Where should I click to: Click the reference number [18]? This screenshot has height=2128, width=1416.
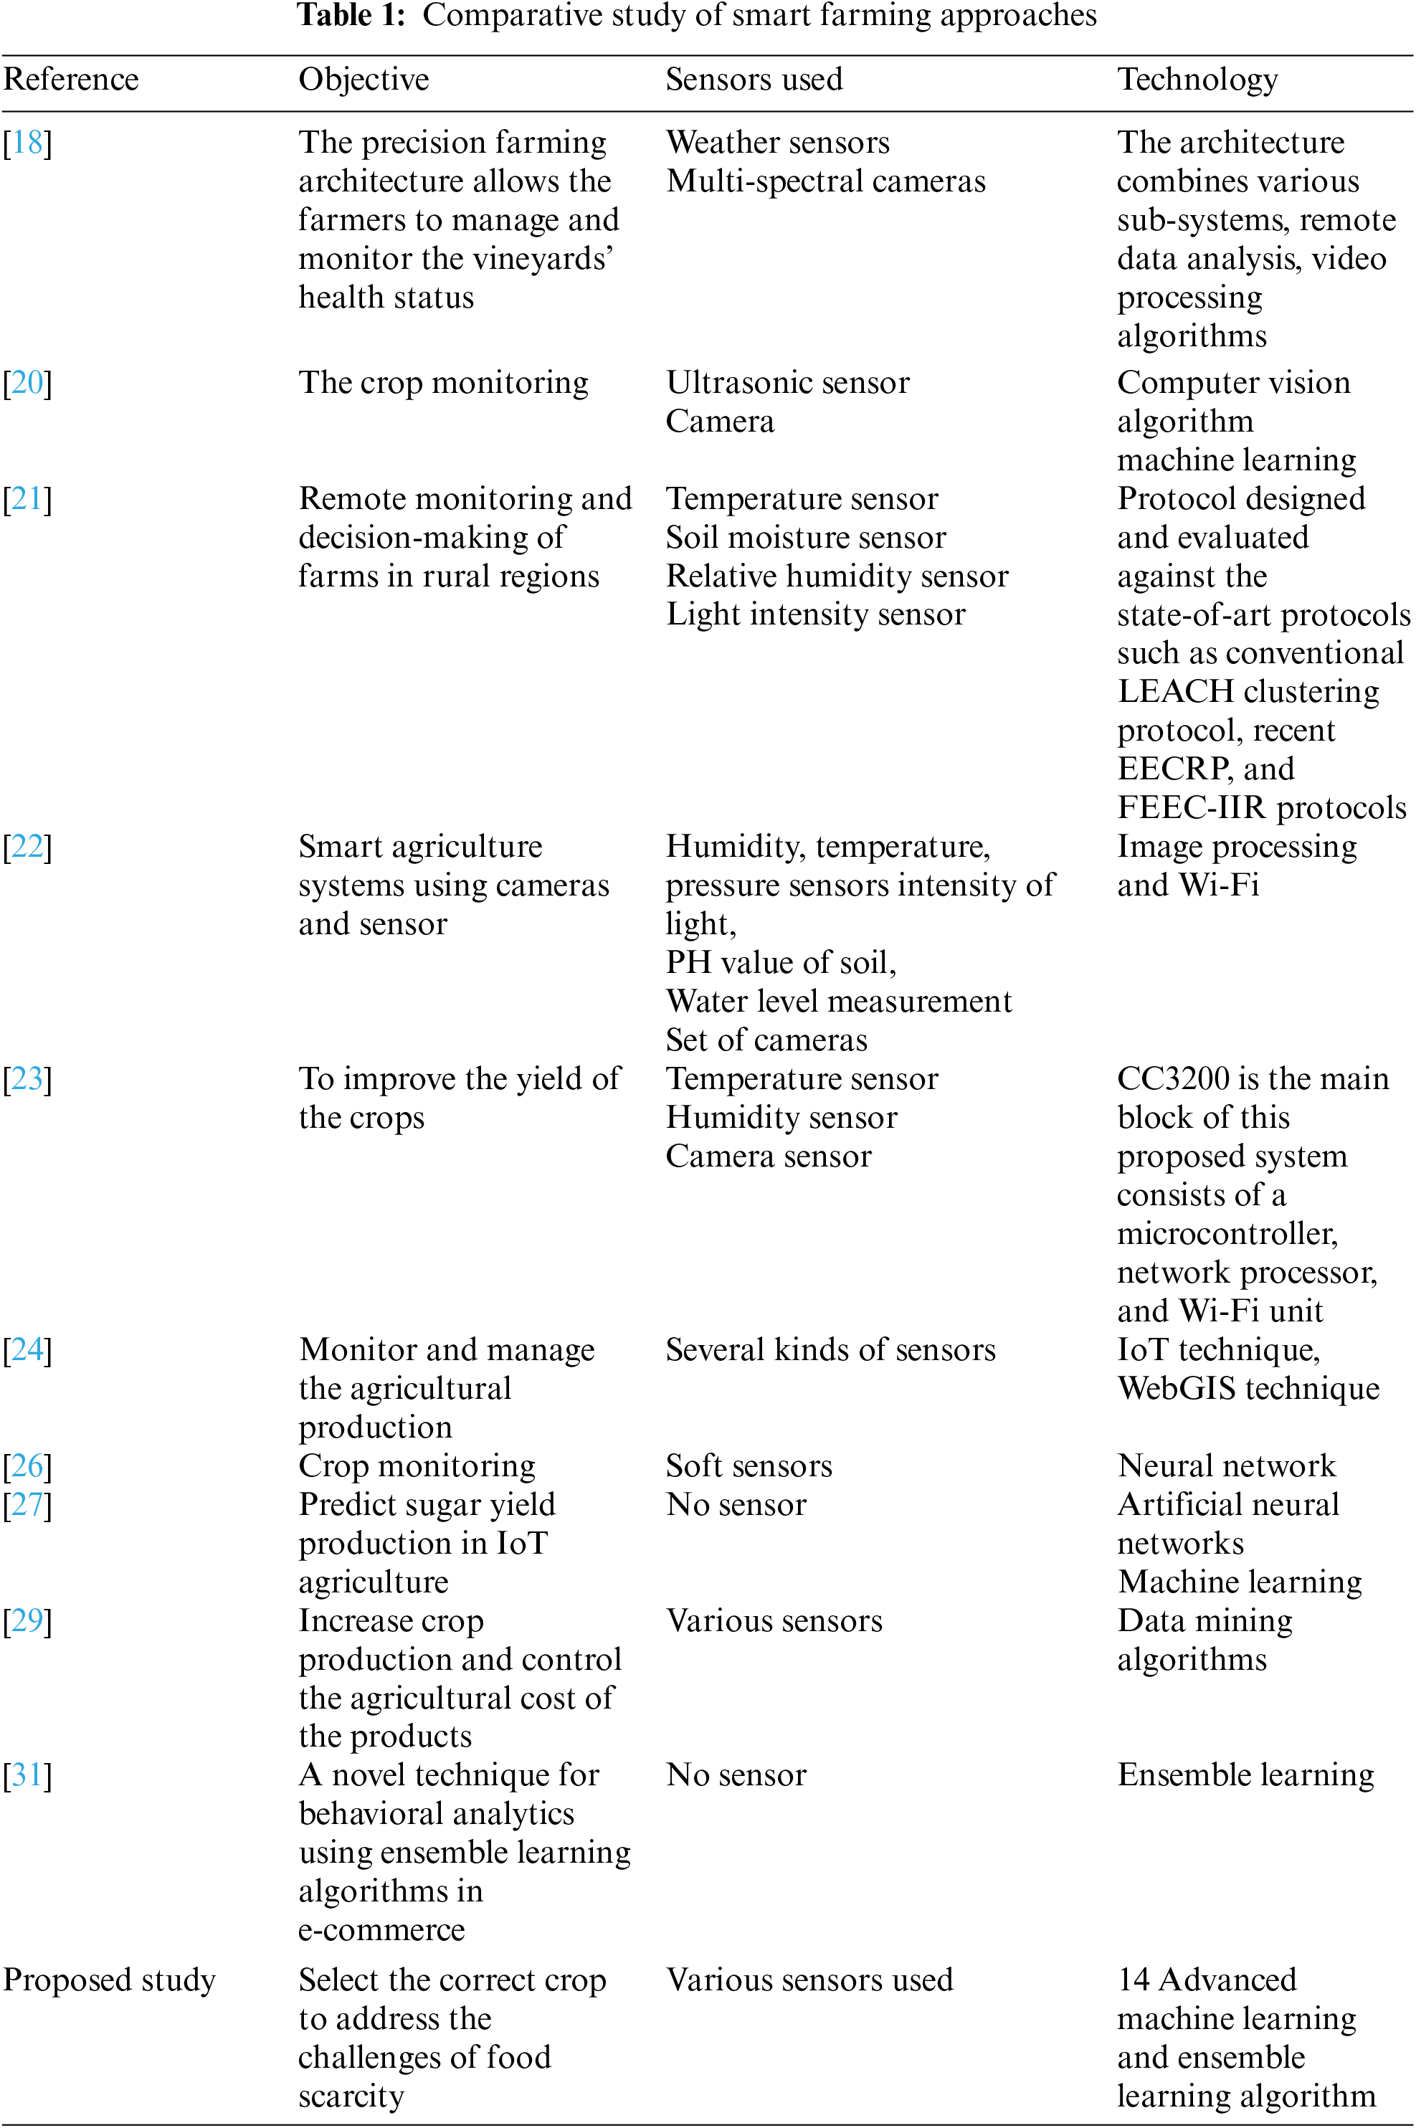[27, 143]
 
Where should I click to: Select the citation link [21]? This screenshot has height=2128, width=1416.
[27, 499]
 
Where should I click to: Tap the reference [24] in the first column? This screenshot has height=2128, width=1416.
[27, 1350]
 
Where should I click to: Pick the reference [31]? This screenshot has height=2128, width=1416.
[27, 1775]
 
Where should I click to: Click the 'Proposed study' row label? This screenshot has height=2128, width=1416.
[109, 1980]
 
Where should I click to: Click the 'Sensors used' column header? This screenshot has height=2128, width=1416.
[754, 80]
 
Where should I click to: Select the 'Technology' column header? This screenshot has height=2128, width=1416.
[1197, 80]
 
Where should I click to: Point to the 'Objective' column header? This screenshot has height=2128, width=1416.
[364, 80]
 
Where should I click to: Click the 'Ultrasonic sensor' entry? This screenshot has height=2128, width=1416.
[787, 383]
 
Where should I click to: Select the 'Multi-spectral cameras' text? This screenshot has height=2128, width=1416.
[825, 181]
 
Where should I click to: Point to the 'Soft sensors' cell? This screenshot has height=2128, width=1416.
[749, 1466]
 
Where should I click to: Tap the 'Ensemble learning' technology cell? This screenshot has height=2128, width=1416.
[1245, 1775]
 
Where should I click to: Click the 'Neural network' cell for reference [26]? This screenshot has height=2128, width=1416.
[1226, 1466]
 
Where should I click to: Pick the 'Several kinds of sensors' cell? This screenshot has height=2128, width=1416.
[830, 1350]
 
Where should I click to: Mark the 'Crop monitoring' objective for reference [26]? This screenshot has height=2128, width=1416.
[417, 1466]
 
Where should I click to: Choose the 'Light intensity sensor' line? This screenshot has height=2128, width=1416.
[815, 615]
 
